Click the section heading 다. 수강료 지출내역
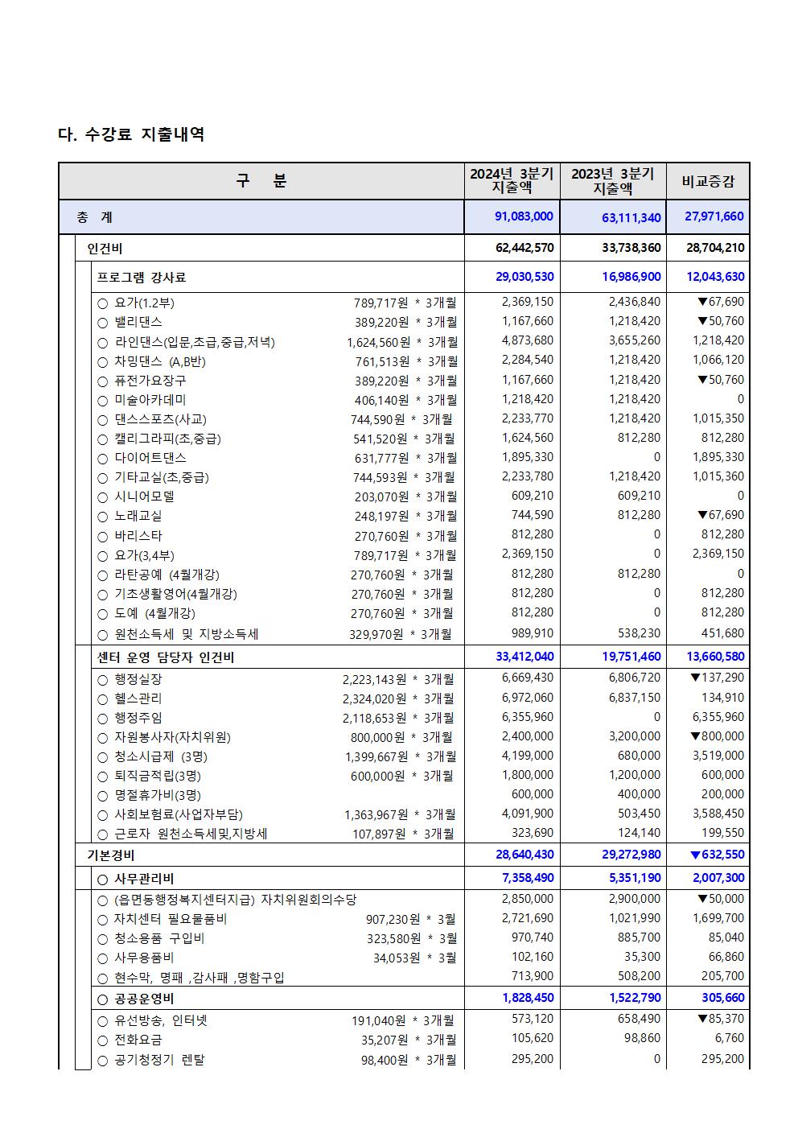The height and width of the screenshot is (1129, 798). pos(131,134)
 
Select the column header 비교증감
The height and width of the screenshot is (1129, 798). pos(708,182)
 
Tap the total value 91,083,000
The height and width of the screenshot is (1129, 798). pos(524,216)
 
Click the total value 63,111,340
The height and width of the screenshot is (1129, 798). pos(631,217)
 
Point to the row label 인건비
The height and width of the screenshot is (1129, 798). pos(105,249)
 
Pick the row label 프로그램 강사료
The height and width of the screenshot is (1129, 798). pos(142,278)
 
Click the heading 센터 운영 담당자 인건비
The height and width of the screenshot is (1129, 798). pos(166,657)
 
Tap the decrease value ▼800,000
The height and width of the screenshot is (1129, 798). pos(717,736)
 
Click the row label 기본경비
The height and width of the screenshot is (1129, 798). pos(111,855)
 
